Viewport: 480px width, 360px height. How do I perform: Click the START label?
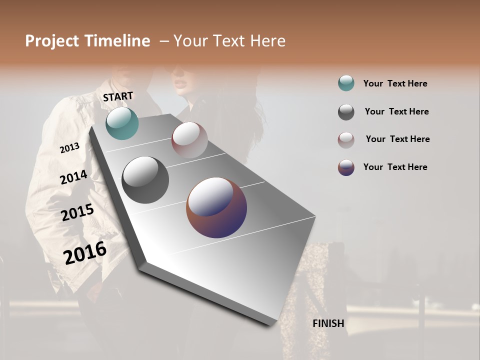click(118, 96)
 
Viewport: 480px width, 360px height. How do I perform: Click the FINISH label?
click(328, 323)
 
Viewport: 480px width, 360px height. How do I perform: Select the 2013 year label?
click(70, 147)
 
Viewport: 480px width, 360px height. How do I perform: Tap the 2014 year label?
click(74, 177)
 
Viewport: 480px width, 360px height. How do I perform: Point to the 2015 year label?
click(77, 212)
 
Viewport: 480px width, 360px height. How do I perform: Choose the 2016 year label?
click(85, 252)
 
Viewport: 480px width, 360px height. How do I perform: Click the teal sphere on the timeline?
click(122, 123)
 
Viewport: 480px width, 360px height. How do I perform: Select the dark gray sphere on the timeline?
click(145, 180)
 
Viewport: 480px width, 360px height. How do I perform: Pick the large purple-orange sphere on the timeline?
click(216, 207)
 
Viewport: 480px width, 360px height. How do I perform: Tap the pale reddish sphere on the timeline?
click(189, 139)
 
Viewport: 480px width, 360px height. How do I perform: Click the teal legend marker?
click(346, 83)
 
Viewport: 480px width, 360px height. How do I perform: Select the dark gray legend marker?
click(346, 112)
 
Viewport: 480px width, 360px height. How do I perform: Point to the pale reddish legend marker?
click(346, 140)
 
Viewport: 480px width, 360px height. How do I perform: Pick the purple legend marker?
click(346, 167)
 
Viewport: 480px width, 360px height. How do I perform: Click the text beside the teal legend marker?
click(395, 83)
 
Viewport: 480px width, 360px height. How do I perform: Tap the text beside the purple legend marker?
click(395, 167)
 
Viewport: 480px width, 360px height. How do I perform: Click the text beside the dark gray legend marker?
click(396, 111)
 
